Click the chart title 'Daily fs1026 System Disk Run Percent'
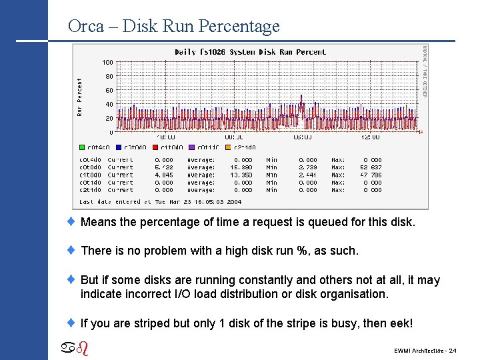point(250,51)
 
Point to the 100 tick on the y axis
point(107,63)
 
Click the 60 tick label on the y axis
point(109,90)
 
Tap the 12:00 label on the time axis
point(370,137)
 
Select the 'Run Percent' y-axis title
point(80,97)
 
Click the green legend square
point(83,147)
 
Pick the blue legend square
point(119,147)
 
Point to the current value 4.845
point(163,175)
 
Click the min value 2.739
point(307,167)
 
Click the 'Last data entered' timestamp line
point(160,201)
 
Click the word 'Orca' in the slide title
point(86,27)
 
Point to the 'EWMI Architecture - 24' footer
point(425,350)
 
